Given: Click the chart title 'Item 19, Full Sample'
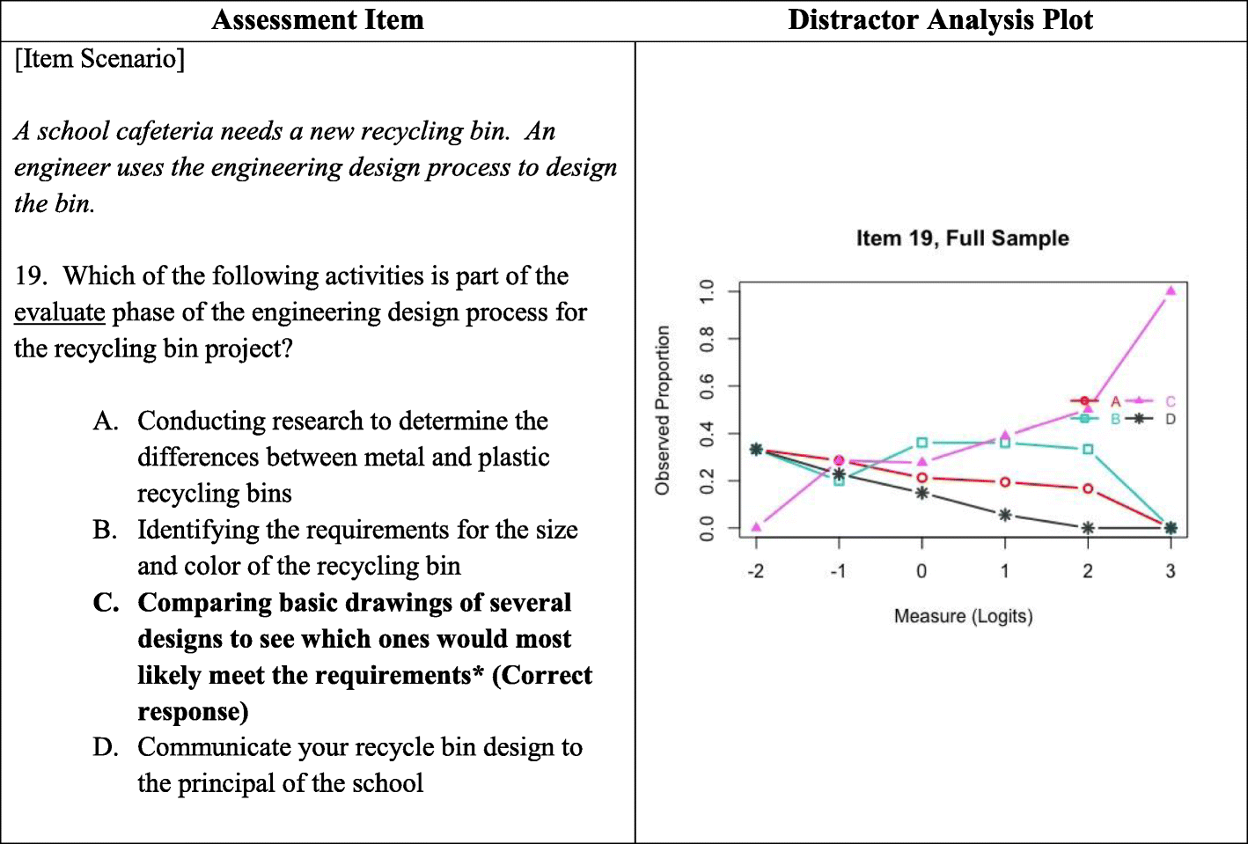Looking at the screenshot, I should click(962, 239).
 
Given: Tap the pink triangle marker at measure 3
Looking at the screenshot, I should click(1171, 290).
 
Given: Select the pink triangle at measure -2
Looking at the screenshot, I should click(756, 527).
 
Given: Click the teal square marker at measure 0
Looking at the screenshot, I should click(921, 443).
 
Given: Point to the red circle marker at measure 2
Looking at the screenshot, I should click(1088, 488).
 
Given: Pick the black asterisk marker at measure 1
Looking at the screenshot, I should click(1005, 515).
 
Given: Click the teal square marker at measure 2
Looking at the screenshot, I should click(1088, 449).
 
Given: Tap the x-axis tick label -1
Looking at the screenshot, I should click(838, 571).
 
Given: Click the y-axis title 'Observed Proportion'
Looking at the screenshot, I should click(663, 410).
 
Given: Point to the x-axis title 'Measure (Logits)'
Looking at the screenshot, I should click(963, 616).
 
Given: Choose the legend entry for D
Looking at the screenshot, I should click(1170, 419).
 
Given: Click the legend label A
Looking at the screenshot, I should click(1115, 401).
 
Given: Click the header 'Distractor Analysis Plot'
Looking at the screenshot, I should click(940, 20).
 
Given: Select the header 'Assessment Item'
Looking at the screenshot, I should click(318, 20).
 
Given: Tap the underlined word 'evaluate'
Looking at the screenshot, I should click(60, 312).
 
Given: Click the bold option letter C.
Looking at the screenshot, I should click(105, 603).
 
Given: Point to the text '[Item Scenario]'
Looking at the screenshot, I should click(99, 59).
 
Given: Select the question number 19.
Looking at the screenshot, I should click(30, 276).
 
